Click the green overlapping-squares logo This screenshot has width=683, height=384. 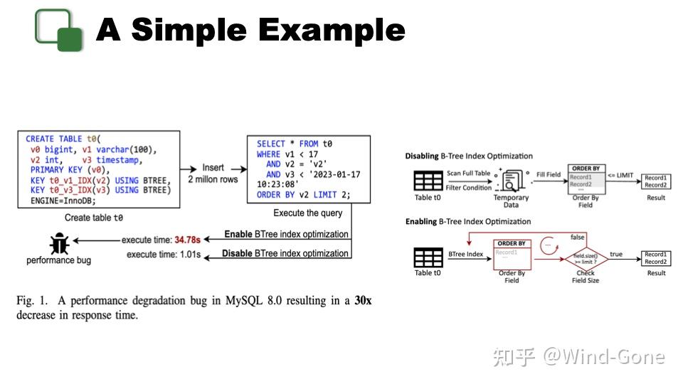point(59,29)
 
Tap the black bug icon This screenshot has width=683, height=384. point(58,244)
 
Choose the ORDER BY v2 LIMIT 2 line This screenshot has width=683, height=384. point(304,195)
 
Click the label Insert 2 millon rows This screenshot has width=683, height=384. point(213,174)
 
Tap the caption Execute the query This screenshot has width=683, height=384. point(307,213)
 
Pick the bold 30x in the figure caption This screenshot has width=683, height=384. point(363,301)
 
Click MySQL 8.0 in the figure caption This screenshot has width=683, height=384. point(255,301)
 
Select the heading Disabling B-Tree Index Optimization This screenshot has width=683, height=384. point(468,156)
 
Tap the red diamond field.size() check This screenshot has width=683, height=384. point(586,257)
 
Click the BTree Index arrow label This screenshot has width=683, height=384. point(466,253)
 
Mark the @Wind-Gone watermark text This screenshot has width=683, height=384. point(604,356)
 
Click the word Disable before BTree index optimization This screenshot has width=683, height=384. point(236,253)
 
